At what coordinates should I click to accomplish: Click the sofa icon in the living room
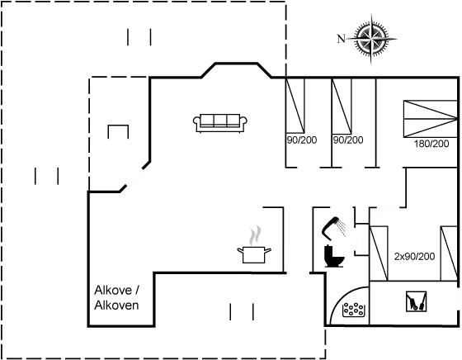click(x=220, y=123)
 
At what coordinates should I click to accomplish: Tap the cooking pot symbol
click(x=254, y=255)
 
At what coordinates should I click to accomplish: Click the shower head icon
click(x=330, y=227)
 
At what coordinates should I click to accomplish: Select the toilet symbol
click(x=334, y=256)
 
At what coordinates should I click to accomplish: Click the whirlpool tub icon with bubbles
click(x=354, y=310)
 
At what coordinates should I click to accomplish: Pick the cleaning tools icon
click(x=416, y=301)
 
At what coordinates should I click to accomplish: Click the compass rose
click(x=371, y=39)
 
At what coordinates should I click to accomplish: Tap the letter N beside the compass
click(x=341, y=39)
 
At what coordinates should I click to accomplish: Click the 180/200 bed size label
click(x=431, y=144)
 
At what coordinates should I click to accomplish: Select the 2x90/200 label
click(x=414, y=257)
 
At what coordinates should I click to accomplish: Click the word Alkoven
click(x=116, y=306)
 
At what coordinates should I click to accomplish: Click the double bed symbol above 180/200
click(x=431, y=119)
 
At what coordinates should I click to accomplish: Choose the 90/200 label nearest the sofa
click(x=302, y=140)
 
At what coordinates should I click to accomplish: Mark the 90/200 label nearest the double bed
click(x=348, y=140)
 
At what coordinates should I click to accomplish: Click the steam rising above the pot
click(x=255, y=235)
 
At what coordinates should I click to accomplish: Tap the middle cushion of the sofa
click(x=220, y=120)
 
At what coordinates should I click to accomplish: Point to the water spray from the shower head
click(x=342, y=227)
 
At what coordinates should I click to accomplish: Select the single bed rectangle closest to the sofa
click(x=295, y=106)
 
